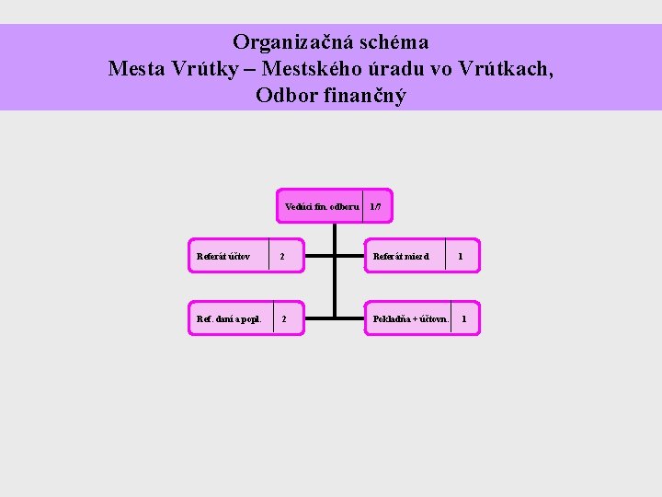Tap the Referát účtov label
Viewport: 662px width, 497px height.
click(x=223, y=257)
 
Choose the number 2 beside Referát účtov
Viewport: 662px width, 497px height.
click(x=282, y=257)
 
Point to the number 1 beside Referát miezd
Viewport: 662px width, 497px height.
click(x=461, y=257)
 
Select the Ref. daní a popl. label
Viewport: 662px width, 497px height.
click(x=229, y=319)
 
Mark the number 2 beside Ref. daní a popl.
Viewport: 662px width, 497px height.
click(x=283, y=319)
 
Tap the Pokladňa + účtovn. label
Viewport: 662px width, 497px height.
click(x=410, y=319)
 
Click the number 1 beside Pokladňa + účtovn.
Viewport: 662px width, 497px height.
click(x=463, y=319)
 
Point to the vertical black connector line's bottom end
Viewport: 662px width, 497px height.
click(x=335, y=318)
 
